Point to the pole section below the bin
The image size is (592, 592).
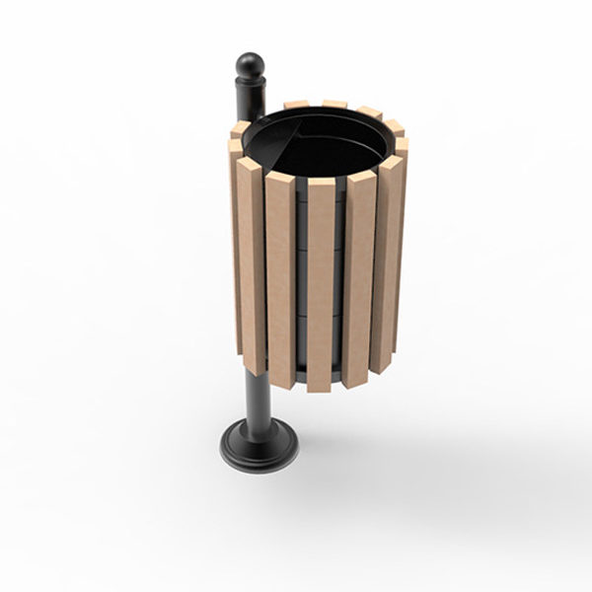[259, 400]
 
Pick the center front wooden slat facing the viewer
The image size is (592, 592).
[321, 286]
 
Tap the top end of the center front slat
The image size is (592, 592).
[322, 184]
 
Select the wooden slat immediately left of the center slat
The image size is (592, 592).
[280, 281]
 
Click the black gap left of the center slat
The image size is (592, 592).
[301, 286]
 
